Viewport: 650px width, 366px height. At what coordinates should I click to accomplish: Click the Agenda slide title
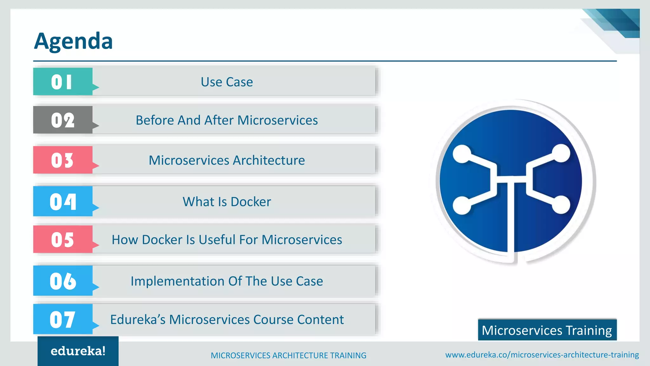point(73,41)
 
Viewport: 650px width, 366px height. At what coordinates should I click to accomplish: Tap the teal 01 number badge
point(63,82)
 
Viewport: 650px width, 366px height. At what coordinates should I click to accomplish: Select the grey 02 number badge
point(63,120)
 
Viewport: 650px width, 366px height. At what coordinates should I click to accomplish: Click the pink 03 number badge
point(63,160)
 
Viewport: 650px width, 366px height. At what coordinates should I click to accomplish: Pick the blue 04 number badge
point(63,201)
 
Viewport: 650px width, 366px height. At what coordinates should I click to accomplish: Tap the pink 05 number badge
point(63,239)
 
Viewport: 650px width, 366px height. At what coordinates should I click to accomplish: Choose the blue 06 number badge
point(63,281)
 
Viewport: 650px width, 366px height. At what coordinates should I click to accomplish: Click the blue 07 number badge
point(63,319)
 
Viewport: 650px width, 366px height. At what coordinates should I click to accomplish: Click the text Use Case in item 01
point(227,82)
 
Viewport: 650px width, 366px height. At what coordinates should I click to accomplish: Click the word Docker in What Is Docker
point(251,202)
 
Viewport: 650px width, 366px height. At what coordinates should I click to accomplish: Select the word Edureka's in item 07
point(138,320)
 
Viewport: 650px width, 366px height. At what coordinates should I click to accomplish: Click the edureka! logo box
point(78,351)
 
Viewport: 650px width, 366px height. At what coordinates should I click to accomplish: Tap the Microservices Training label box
point(547,330)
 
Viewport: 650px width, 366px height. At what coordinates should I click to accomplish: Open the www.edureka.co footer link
point(542,355)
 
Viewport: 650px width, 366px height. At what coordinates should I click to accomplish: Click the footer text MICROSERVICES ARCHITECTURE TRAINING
point(289,356)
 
